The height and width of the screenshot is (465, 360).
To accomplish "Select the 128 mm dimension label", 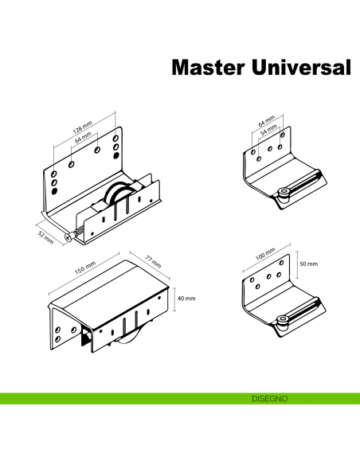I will (x=82, y=129).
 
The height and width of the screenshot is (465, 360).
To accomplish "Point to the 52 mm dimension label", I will (x=46, y=237).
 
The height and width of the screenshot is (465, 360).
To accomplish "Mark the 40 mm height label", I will (x=186, y=299).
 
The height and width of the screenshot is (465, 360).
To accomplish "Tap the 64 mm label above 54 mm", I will (x=266, y=120).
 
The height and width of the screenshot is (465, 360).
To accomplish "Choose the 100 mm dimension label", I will (x=264, y=257).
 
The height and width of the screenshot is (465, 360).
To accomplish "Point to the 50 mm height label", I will (x=308, y=264).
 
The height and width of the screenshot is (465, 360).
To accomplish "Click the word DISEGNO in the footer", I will (x=264, y=397).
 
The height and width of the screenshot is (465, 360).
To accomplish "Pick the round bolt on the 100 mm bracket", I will (x=284, y=321).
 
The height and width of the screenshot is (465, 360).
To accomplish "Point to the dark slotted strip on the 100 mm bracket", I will (x=306, y=313).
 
